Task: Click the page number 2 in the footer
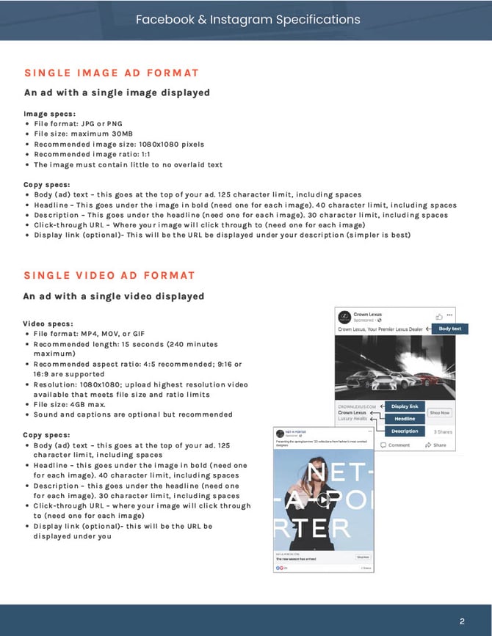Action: click(x=462, y=622)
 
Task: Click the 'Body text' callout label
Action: click(x=449, y=329)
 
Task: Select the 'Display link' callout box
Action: click(x=405, y=406)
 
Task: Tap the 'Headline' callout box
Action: click(x=405, y=419)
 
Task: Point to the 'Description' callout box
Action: click(x=405, y=431)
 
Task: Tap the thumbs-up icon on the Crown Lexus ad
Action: click(x=439, y=316)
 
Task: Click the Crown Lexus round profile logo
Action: click(x=344, y=317)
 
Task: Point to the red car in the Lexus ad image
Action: click(x=426, y=379)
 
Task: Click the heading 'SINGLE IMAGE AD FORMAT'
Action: click(x=112, y=73)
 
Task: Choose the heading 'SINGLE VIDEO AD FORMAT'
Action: click(x=109, y=275)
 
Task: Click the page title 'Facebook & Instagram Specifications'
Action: click(x=247, y=19)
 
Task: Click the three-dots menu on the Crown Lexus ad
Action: click(x=449, y=314)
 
